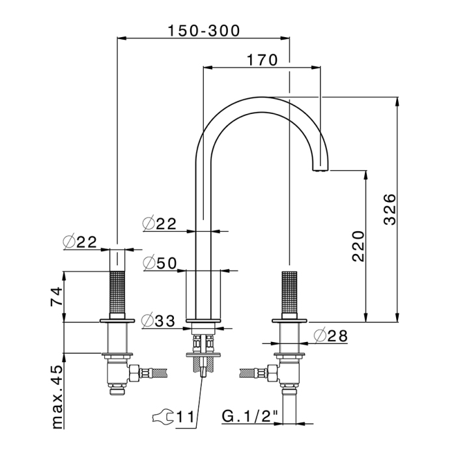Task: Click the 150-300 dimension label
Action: pyautogui.click(x=203, y=31)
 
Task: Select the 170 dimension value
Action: pyautogui.click(x=263, y=59)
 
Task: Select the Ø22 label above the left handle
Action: pyautogui.click(x=80, y=242)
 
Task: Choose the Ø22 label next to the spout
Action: pyautogui.click(x=160, y=223)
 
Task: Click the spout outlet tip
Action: pyautogui.click(x=323, y=169)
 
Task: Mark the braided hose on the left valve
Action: pyautogui.click(x=153, y=374)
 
